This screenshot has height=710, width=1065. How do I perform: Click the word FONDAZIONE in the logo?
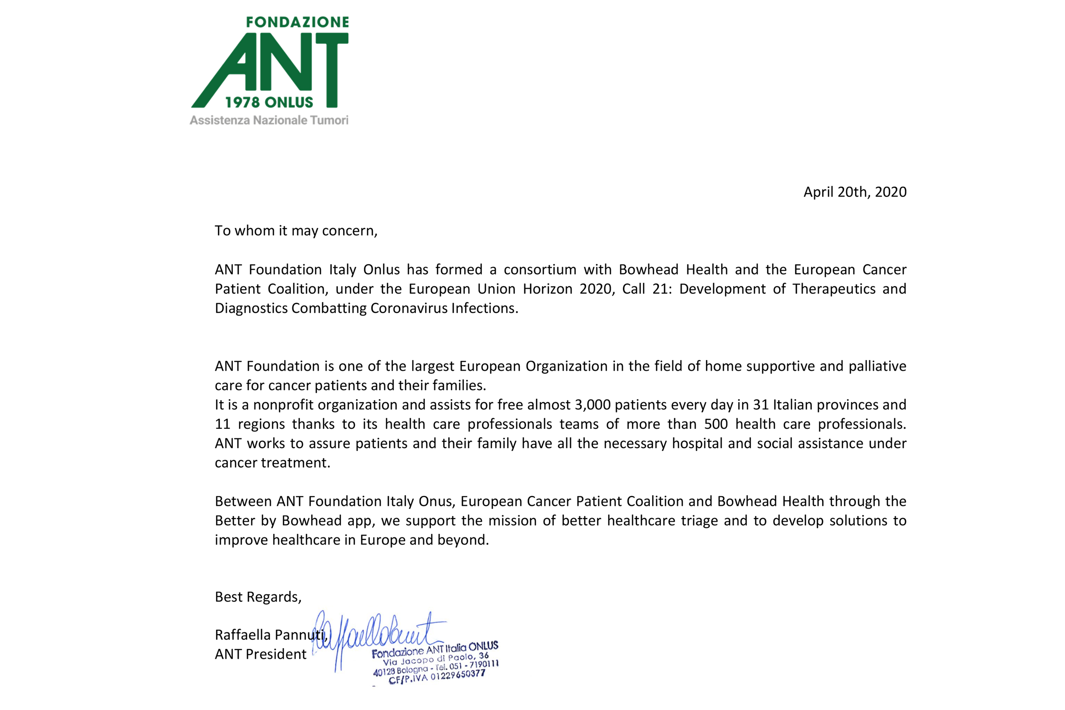point(297,22)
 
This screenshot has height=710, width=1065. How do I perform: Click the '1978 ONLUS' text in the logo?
point(269,102)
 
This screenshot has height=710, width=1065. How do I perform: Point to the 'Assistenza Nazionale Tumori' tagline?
point(269,120)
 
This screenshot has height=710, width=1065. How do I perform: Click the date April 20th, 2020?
point(854,192)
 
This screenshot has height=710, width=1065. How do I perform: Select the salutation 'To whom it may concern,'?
point(296,231)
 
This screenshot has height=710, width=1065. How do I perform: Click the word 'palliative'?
point(877,366)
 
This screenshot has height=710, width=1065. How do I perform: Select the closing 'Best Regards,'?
point(258,597)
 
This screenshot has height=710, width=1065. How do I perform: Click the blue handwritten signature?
point(376,634)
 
